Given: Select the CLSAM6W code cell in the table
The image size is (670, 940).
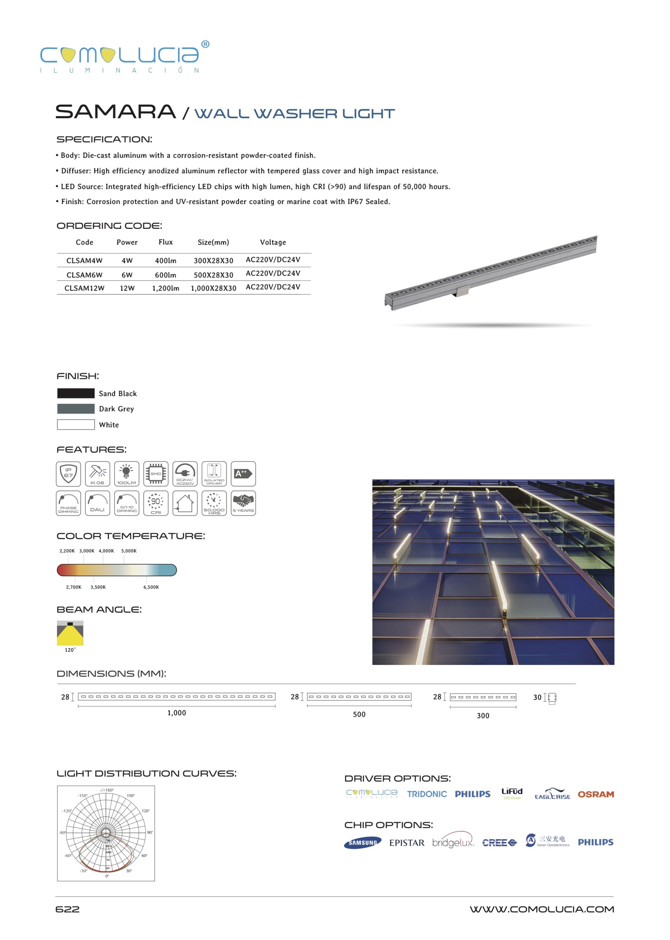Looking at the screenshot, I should (84, 275).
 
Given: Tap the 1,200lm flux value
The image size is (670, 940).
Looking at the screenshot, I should (166, 288).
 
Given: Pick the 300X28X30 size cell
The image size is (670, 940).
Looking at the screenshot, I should (213, 260).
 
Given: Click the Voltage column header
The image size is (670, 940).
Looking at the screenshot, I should (273, 242).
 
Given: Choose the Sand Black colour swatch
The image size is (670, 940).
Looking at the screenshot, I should (76, 393).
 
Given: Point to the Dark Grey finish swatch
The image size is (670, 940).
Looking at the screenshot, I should (76, 409).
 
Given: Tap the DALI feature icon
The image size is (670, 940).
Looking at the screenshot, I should (97, 503).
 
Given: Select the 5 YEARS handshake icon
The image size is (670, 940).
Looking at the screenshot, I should (243, 503).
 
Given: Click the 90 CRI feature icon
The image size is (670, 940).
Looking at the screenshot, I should (156, 503).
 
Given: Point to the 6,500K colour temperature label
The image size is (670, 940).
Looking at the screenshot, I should (151, 587).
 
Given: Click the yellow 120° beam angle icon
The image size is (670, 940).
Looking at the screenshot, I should (70, 633).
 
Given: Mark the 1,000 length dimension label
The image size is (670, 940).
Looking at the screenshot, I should (177, 713).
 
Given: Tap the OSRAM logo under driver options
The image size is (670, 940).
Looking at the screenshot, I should (595, 794).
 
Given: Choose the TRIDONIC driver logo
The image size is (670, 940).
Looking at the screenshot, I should (427, 794).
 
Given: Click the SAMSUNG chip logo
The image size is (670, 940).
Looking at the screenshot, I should (363, 843).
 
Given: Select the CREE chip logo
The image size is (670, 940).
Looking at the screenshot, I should (499, 843).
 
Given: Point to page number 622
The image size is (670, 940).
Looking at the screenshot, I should (67, 909).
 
